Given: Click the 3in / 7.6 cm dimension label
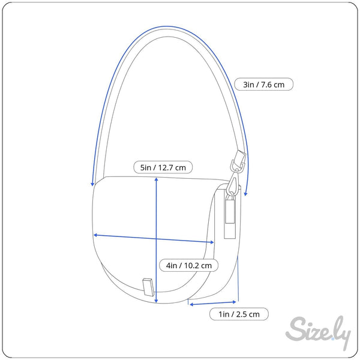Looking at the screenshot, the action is click(263, 84).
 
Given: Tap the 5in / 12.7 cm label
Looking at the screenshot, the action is click(163, 167).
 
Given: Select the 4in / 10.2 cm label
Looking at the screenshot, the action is click(189, 265).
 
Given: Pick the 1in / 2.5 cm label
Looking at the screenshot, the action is click(239, 314).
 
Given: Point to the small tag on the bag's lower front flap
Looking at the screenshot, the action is click(148, 287).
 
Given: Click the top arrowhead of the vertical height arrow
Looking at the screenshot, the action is click(157, 179).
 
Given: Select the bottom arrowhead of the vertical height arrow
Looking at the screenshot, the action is click(157, 301).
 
